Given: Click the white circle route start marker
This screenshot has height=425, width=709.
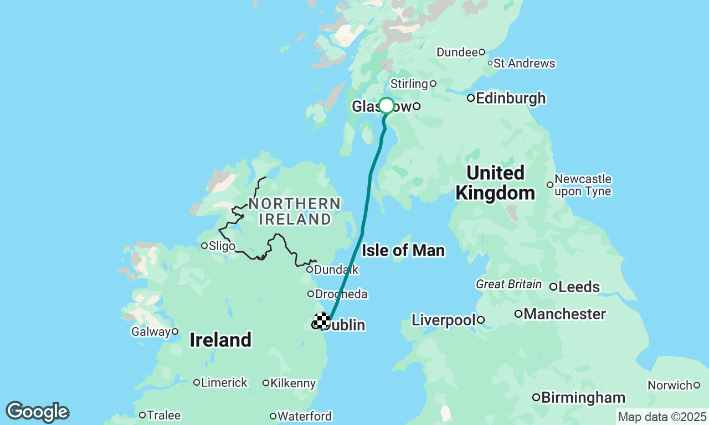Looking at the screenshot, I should pyautogui.click(x=387, y=106).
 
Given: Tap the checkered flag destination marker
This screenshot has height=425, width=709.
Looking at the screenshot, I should pyautogui.click(x=322, y=320).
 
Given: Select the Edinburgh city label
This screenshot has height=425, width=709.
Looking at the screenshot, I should pyautogui.click(x=510, y=99).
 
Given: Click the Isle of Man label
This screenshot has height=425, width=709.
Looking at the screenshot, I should pyautogui.click(x=403, y=251).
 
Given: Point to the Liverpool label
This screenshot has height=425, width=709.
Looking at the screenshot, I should pyautogui.click(x=444, y=320).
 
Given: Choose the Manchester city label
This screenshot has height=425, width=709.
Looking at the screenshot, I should pyautogui.click(x=564, y=314).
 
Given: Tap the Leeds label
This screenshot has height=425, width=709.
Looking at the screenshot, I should pyautogui.click(x=579, y=287).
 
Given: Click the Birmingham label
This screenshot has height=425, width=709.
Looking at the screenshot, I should pyautogui.click(x=583, y=397).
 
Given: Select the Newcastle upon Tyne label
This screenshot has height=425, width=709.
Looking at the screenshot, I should pyautogui.click(x=583, y=185).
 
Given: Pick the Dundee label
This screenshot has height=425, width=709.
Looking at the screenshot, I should pyautogui.click(x=457, y=53).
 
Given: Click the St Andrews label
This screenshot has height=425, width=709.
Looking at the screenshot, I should pyautogui.click(x=524, y=64).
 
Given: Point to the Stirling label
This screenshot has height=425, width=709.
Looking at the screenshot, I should pyautogui.click(x=409, y=84).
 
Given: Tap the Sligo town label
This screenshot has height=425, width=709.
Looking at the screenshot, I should pyautogui.click(x=221, y=246).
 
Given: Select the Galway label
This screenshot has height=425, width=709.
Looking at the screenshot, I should pyautogui.click(x=151, y=332).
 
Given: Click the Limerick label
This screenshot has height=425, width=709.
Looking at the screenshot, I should pyautogui.click(x=224, y=383).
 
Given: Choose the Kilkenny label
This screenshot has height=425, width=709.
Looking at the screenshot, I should pyautogui.click(x=292, y=383).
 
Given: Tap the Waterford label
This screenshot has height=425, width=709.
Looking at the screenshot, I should pyautogui.click(x=304, y=416).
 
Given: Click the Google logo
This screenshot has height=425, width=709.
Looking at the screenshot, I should pyautogui.click(x=38, y=412).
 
